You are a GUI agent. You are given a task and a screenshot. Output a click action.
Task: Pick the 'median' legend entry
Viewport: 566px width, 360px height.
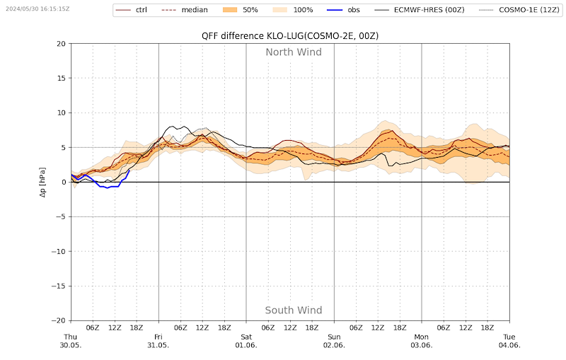[185, 10]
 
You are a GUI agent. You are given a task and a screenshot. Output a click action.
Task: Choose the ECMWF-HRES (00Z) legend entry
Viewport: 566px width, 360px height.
[419, 10]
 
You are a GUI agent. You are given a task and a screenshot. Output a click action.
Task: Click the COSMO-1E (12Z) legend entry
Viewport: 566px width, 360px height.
[519, 10]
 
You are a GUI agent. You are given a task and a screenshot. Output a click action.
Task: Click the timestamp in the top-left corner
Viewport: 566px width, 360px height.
[37, 8]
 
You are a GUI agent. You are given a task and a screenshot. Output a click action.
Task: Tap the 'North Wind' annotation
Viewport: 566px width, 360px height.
[294, 52]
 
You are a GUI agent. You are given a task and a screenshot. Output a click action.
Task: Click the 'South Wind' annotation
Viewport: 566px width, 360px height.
[294, 310]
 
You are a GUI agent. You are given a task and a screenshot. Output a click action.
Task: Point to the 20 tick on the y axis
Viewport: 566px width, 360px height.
[62, 44]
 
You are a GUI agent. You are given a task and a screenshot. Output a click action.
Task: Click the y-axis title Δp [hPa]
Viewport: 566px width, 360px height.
[42, 182]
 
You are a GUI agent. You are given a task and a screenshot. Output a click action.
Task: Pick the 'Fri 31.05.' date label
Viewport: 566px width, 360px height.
[158, 341]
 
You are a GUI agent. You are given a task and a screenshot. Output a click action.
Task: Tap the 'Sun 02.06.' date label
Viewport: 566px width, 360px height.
[334, 341]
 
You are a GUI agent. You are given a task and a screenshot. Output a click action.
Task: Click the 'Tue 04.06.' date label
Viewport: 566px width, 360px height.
[509, 341]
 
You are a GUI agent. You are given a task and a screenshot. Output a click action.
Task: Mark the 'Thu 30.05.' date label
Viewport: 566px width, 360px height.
[70, 341]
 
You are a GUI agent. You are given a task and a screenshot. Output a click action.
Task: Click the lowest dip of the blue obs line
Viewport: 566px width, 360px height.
[107, 188]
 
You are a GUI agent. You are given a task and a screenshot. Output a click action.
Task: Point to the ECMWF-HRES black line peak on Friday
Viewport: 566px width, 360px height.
[173, 127]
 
